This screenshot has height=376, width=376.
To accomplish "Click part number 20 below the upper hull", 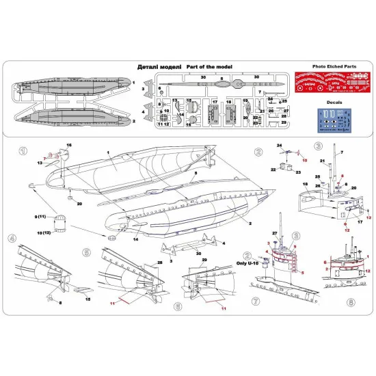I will click(79, 204).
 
